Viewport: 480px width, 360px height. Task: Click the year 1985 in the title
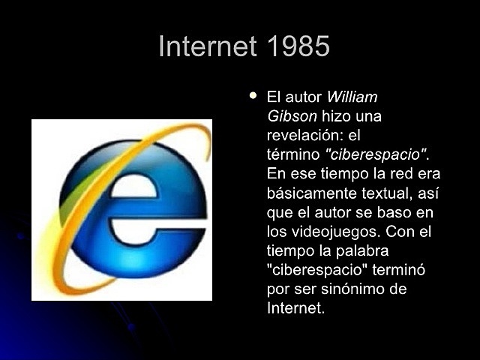point(298,46)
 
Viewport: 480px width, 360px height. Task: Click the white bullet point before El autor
point(253,96)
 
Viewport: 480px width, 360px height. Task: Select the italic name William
point(352,97)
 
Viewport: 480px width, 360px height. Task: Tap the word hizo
point(335,116)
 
